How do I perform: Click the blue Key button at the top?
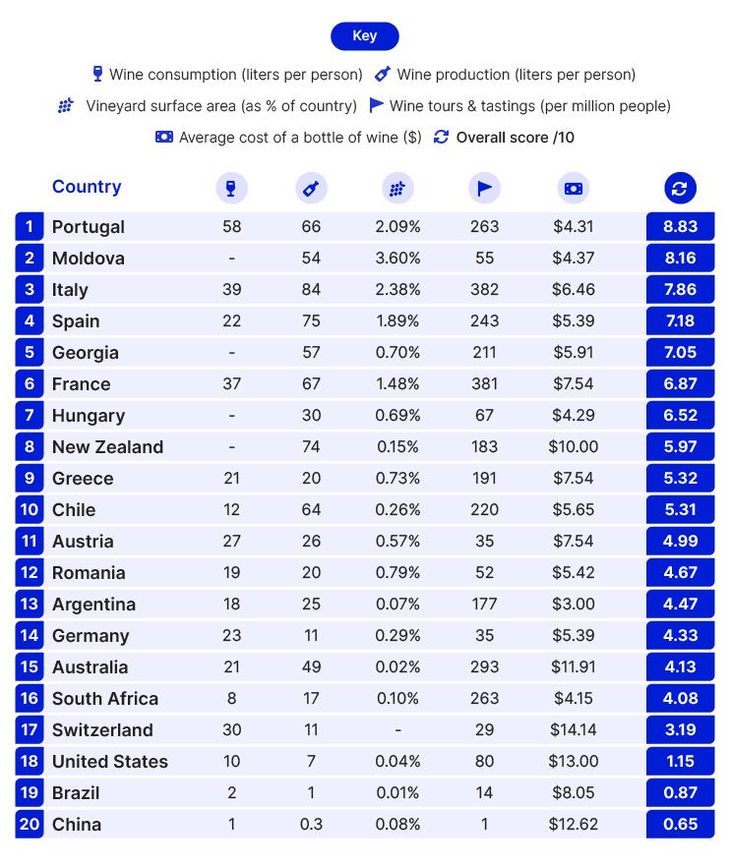[364, 36]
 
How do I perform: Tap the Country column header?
[87, 187]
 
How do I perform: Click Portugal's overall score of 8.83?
[680, 226]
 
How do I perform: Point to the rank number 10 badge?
[30, 509]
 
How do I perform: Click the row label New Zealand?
[107, 446]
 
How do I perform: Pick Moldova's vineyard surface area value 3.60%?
[397, 258]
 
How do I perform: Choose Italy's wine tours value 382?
[484, 289]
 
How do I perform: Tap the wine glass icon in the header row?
[231, 188]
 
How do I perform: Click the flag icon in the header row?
[484, 188]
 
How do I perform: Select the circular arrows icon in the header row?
[680, 188]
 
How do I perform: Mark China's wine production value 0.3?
[311, 824]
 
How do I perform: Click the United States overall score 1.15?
[680, 761]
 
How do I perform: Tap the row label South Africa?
[104, 698]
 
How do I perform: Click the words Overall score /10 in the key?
[515, 138]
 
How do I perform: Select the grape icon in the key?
[66, 106]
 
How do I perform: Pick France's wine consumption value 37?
[231, 383]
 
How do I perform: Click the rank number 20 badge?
[30, 824]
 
